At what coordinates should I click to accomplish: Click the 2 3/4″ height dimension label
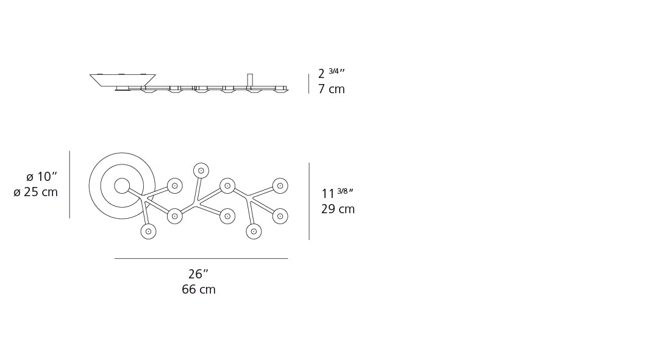point(331,74)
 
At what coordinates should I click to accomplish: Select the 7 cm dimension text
point(331,90)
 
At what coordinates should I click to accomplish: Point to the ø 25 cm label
point(36,192)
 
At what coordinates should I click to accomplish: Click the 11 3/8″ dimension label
point(337,194)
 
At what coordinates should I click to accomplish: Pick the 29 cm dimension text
point(338,210)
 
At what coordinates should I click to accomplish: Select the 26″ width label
point(198,274)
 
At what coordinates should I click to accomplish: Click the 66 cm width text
point(198,290)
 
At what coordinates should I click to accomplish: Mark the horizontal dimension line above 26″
point(201,258)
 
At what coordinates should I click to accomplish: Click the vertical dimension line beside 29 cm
point(309,201)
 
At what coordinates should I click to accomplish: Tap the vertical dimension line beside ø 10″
point(69,185)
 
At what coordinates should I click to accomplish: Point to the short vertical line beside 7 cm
point(308,83)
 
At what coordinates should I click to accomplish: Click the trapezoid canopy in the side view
point(123,80)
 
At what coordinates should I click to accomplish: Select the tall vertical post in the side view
point(250,80)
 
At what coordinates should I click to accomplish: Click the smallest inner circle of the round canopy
point(122,186)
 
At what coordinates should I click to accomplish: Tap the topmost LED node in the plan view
point(201,171)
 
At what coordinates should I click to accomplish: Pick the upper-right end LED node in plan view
point(280,186)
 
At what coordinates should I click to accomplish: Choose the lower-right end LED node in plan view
point(280,216)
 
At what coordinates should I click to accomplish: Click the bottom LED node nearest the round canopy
point(148,231)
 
